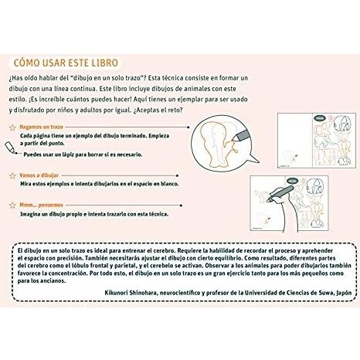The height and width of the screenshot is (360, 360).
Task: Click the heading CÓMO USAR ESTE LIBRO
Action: coord(66,63)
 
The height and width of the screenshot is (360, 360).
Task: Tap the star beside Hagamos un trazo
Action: coord(12,127)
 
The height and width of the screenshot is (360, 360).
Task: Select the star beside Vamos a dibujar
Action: coord(12,175)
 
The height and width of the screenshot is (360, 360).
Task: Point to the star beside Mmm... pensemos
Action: coord(12,205)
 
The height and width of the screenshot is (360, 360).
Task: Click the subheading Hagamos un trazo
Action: coord(41,127)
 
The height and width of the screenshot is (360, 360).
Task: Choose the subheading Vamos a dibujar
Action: coord(39,175)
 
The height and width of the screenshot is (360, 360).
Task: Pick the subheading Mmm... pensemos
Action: coord(41,205)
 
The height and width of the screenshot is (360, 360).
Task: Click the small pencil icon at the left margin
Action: coord(11,148)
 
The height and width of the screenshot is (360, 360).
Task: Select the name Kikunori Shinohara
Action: coord(131,293)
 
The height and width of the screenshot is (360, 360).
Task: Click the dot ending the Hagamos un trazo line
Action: coord(188,127)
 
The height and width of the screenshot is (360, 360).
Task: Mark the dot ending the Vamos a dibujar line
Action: coord(178,175)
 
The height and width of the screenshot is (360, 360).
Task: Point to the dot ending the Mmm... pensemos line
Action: coord(182,205)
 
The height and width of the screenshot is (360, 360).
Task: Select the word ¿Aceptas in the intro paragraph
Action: coord(146,110)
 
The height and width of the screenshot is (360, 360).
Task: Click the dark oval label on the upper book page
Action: coord(320,118)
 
